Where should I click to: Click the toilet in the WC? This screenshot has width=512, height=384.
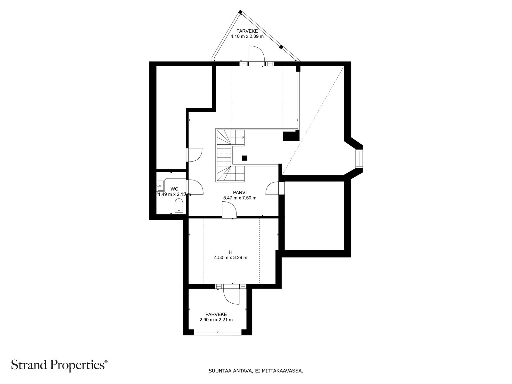coord(179,206)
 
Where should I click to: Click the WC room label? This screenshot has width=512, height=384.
coord(174,189)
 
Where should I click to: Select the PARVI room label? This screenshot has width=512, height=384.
coord(240,192)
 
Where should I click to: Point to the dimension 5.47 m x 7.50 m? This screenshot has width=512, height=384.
coord(240,198)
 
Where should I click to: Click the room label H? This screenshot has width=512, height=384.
coord(231,252)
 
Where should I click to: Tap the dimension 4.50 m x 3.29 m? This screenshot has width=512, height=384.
coord(231,258)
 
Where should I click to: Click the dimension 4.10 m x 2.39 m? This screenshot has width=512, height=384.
coord(247,36)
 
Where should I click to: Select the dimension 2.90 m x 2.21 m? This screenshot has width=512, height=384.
coord(216,320)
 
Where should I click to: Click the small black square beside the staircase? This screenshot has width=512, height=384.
coord(244,158)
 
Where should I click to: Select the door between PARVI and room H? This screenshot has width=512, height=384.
coord(229,210)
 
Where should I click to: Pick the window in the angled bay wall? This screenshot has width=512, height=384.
coord(359,158)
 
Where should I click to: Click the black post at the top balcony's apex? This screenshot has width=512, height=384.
coord(240,12)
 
